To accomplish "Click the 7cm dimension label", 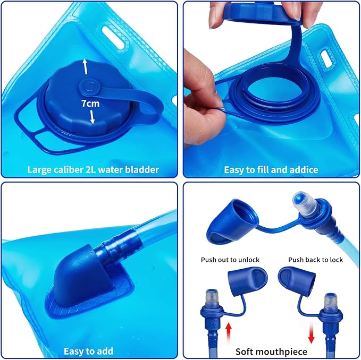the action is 90,104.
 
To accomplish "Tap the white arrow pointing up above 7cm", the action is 85,67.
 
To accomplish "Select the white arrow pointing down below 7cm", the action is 92,117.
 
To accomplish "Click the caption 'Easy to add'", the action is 88,352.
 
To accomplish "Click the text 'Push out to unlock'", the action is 230,260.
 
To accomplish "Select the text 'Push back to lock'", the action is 315,260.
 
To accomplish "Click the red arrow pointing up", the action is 229,332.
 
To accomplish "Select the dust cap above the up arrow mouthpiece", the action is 248,280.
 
